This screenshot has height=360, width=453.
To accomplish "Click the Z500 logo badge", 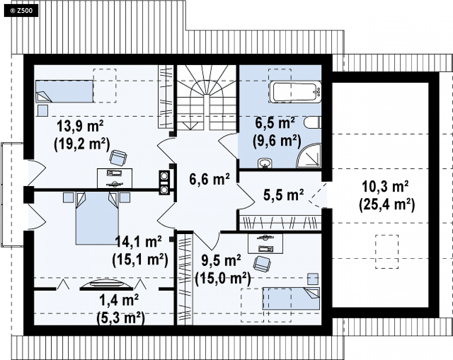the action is tap(21, 11).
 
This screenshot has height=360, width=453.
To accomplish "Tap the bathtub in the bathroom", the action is tap(295, 92).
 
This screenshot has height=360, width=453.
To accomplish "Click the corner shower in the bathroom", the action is tap(309, 155).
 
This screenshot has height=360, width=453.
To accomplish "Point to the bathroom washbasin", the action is tap(264, 163).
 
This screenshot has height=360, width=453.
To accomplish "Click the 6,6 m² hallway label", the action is tap(209, 179).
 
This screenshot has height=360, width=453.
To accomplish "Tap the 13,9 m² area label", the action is tap(80, 126).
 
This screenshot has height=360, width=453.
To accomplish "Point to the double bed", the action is tap(97, 218).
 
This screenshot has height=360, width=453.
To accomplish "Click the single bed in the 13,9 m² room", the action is tap(64, 91).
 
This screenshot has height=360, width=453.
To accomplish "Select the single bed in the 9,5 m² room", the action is tap(291, 299).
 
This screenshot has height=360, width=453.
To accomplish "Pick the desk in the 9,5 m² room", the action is tap(265, 244).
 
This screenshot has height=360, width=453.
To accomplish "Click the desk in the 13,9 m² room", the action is tap(114, 178).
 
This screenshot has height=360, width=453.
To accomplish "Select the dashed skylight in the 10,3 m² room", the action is tap(387, 251).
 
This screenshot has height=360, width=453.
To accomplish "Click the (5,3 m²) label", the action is tap(120, 319).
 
